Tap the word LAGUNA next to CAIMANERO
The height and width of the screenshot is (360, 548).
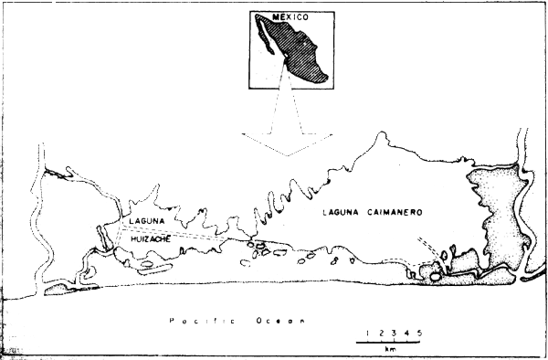point(342,213)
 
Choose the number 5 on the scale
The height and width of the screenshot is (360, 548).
point(419,331)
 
